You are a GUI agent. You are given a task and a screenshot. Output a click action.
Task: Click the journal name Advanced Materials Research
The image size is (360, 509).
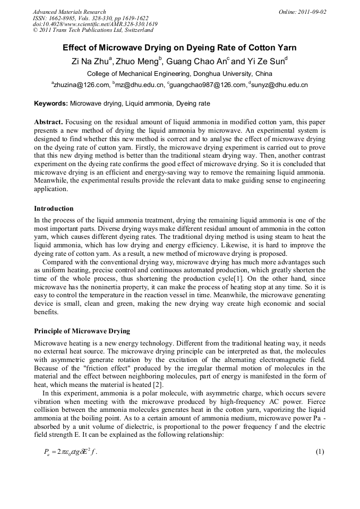pyautogui.click(x=69, y=12)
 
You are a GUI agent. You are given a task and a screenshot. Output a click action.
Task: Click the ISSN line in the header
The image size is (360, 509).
pyautogui.click(x=91, y=18)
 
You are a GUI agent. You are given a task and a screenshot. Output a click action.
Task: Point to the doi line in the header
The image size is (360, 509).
pyautogui.click(x=95, y=24)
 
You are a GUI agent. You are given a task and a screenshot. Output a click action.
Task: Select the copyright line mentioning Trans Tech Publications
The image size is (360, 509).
pyautogui.click(x=93, y=30)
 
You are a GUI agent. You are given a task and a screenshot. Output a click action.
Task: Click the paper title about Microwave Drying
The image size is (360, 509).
pyautogui.click(x=179, y=48)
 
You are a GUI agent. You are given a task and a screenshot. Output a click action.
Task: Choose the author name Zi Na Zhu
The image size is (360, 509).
pyautogui.click(x=91, y=61)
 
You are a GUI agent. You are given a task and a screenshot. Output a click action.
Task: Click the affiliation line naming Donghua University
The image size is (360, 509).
pyautogui.click(x=179, y=74)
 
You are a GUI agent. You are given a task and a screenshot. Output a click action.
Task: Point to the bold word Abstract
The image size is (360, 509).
pyautogui.click(x=49, y=122)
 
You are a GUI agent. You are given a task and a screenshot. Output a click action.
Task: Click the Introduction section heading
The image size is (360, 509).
pyautogui.click(x=54, y=209)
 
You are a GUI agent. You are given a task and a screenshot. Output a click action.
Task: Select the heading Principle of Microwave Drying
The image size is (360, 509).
pyautogui.click(x=82, y=331)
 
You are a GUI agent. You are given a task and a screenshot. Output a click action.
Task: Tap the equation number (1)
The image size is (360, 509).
pyautogui.click(x=320, y=452)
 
